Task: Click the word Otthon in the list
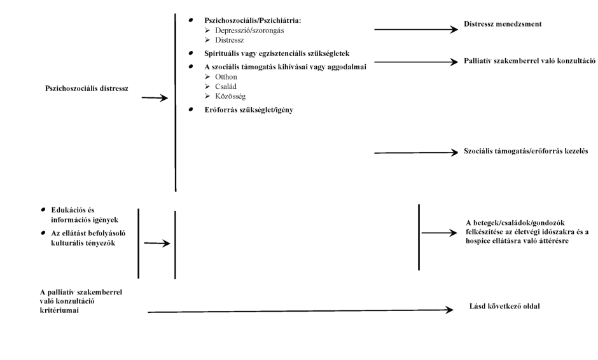click(x=226, y=76)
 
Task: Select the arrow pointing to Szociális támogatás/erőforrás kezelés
click(x=417, y=153)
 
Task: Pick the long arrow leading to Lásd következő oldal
click(x=299, y=311)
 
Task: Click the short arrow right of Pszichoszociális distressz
click(x=155, y=98)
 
